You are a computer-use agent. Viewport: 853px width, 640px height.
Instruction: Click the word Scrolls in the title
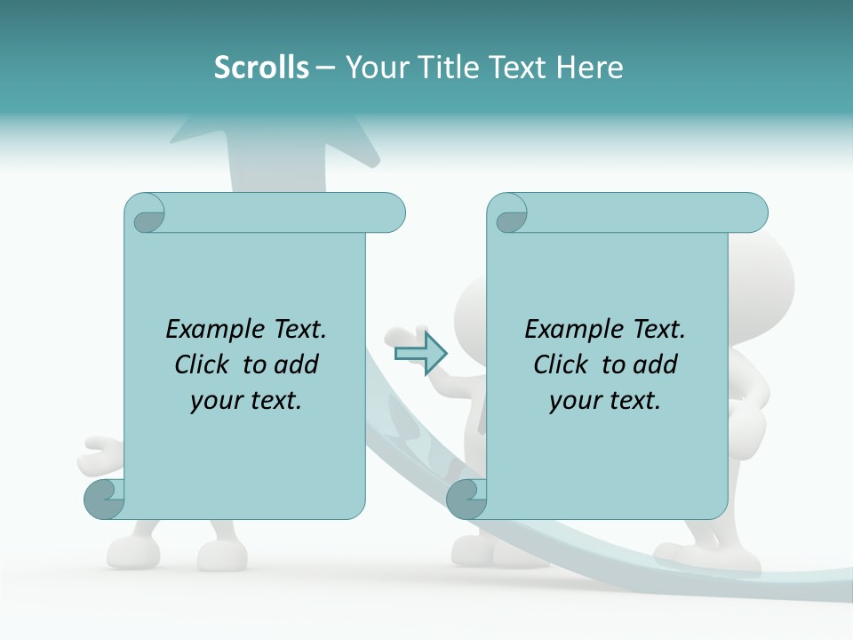(x=261, y=68)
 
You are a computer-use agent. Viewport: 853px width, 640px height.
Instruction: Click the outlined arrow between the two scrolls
(x=420, y=353)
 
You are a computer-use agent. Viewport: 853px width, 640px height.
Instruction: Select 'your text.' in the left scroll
(x=246, y=400)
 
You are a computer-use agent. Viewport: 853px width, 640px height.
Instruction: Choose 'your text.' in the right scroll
(x=605, y=400)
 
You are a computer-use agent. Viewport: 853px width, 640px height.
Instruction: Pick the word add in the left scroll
(x=297, y=364)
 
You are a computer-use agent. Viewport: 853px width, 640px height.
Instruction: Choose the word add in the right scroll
(x=656, y=364)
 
